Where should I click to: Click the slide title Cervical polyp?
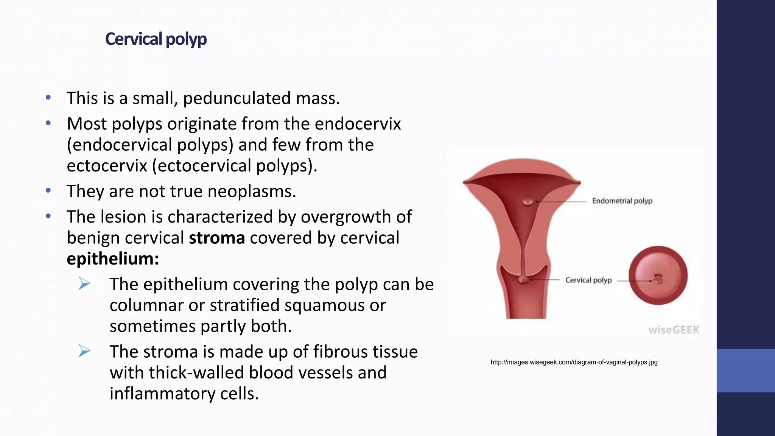[x=156, y=39]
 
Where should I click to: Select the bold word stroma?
[x=217, y=238]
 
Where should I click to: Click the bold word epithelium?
[x=113, y=259]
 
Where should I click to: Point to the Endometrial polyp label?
[x=622, y=201]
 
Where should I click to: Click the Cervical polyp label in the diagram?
[x=588, y=280]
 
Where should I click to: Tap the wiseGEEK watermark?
[x=674, y=330]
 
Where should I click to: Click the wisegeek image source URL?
[x=574, y=362]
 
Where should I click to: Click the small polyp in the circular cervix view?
[x=659, y=279]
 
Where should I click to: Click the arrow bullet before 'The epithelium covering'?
[x=84, y=283]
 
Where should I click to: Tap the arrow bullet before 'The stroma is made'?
[x=84, y=351]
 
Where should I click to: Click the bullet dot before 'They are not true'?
[x=48, y=190]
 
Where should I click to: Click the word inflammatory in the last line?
[x=162, y=394]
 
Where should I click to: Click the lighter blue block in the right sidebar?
[x=745, y=370]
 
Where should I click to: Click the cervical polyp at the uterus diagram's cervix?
[x=523, y=280]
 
